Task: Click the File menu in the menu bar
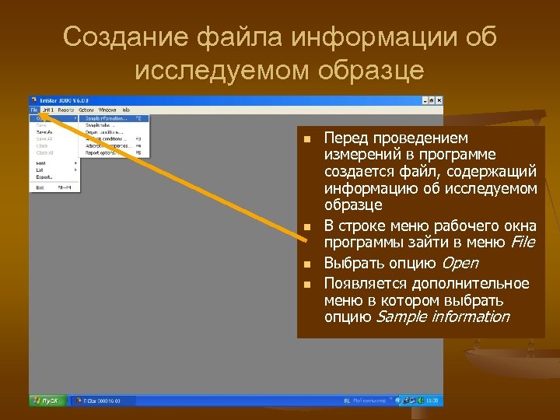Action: click(x=34, y=110)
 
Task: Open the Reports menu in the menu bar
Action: click(x=65, y=110)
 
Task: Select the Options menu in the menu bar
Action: click(x=86, y=110)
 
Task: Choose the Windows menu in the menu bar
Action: click(x=107, y=110)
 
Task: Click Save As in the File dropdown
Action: click(x=44, y=132)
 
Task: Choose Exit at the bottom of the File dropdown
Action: click(x=40, y=187)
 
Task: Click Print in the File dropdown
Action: click(x=40, y=162)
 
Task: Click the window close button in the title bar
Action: click(x=439, y=100)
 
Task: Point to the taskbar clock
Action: click(x=432, y=401)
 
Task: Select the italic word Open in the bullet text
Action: click(x=460, y=263)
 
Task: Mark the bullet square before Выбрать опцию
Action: click(x=307, y=264)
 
